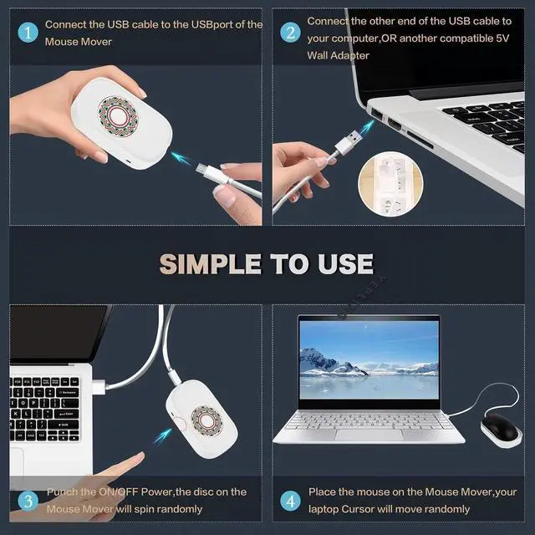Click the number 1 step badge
pyautogui.click(x=28, y=33)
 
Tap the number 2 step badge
pyautogui.click(x=290, y=33)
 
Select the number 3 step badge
pyautogui.click(x=28, y=501)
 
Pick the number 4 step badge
pyautogui.click(x=290, y=501)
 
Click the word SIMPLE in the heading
pyautogui.click(x=210, y=264)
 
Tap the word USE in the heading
pyautogui.click(x=345, y=264)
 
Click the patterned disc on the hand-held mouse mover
pyautogui.click(x=118, y=116)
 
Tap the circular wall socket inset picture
pyautogui.click(x=390, y=184)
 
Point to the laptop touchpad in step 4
pyautogui.click(x=369, y=435)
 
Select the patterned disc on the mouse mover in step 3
pyautogui.click(x=206, y=420)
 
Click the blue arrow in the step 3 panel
pyautogui.click(x=162, y=436)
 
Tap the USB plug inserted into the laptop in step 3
pyautogui.click(x=99, y=386)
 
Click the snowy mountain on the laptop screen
pyautogui.click(x=328, y=362)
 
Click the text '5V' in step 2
pyautogui.click(x=502, y=38)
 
